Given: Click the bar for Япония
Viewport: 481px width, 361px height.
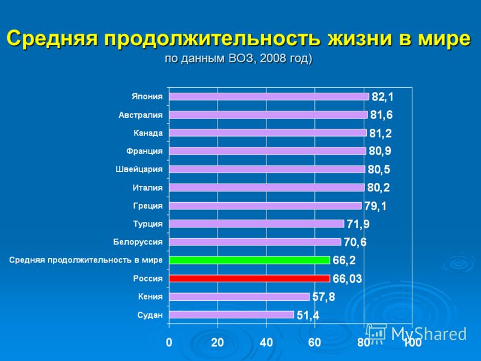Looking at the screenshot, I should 269,96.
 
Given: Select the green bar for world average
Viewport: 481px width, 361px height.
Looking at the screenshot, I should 250,260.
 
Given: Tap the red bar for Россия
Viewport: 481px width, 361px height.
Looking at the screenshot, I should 250,279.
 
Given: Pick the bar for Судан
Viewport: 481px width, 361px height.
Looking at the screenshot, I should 231,315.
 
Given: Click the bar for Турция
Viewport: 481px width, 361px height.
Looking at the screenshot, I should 257,224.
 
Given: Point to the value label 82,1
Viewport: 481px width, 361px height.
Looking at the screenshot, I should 382,97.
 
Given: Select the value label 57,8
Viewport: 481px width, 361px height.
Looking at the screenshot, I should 323,297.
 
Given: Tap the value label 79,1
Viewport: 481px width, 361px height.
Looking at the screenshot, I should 375,206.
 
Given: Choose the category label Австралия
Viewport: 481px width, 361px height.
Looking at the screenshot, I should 140,115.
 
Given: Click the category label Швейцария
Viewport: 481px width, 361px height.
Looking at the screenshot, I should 139,170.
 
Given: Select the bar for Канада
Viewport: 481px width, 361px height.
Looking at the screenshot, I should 268,133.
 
